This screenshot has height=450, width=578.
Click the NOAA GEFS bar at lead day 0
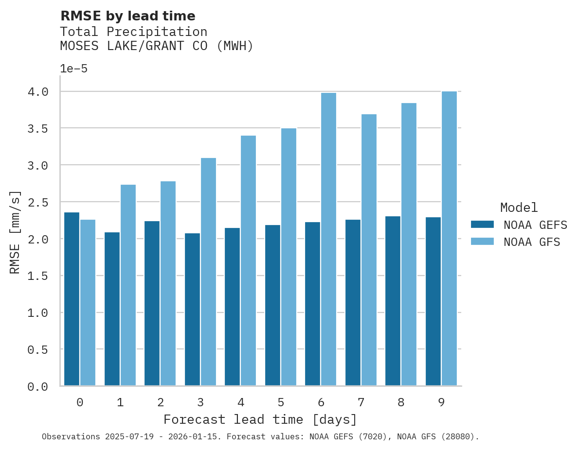coord(72,299)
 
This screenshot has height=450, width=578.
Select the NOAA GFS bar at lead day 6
coord(328,239)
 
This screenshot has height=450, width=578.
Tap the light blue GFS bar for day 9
coord(449,239)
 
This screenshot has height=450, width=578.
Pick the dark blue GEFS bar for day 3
coord(192,310)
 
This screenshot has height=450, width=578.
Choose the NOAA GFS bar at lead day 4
coord(248,260)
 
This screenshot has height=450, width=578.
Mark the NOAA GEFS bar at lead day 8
coord(393,301)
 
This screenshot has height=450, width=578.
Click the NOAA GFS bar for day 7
coord(369,250)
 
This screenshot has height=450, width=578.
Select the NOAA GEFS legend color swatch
coord(482,225)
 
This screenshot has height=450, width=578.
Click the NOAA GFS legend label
coord(532,242)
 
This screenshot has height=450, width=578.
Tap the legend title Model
coord(519,208)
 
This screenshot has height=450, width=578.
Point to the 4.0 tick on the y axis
coord(38,92)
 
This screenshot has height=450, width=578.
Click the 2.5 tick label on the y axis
coord(38,202)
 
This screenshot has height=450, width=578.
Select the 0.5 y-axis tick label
coord(38,349)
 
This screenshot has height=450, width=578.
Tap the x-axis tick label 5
coord(281,402)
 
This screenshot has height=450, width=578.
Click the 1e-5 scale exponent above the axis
coord(73,69)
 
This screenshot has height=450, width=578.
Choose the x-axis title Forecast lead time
coord(260,419)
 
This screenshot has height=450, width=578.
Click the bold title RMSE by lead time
coord(127,16)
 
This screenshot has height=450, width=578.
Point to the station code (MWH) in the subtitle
coord(235,46)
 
